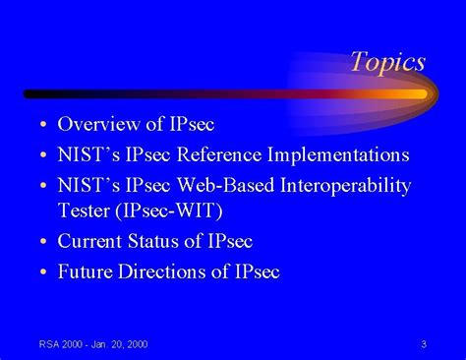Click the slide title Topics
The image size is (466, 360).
(387, 62)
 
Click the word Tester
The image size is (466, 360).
(85, 210)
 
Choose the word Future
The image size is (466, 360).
(88, 271)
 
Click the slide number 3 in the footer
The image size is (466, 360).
(422, 344)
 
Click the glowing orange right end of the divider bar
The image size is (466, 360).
(413, 94)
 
